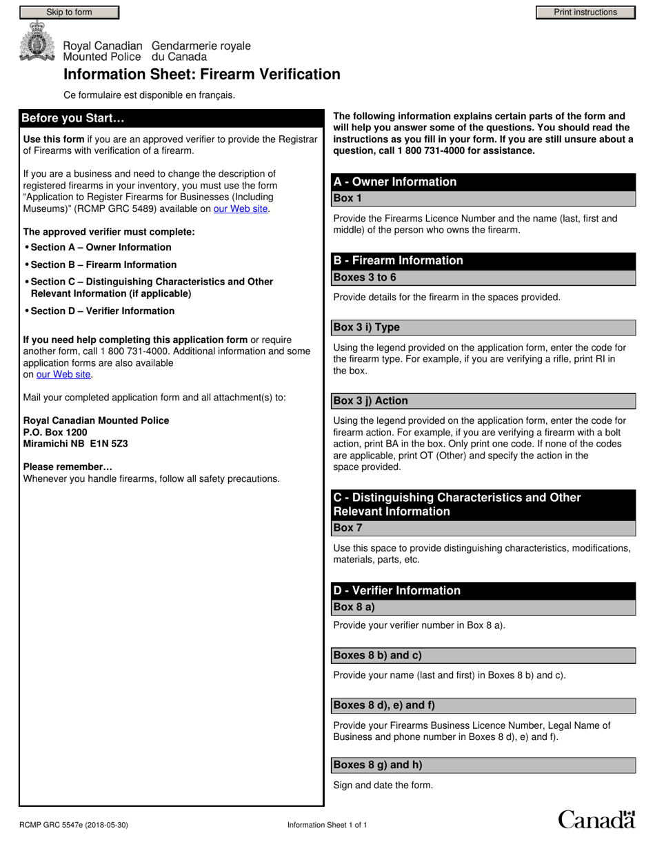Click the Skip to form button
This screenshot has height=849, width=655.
coord(69,12)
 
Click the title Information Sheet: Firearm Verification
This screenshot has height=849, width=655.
coord(202,75)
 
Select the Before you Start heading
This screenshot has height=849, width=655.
coord(73,118)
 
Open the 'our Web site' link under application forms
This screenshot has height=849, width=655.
coord(63,374)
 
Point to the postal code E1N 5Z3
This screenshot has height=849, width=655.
coord(109,444)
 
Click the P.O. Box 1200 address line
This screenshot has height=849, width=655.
coord(55,432)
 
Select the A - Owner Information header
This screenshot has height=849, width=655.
coord(395,182)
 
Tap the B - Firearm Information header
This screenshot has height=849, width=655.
coord(399,260)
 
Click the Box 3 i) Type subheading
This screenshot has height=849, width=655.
coord(366,327)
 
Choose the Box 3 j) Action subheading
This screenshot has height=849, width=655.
coord(370,400)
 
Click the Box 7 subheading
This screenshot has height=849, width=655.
coord(347,528)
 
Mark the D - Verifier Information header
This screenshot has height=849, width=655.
coord(396,590)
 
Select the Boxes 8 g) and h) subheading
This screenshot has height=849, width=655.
coord(377,765)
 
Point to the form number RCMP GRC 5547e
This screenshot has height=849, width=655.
coord(73,825)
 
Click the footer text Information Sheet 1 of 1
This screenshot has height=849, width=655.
coord(327,825)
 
